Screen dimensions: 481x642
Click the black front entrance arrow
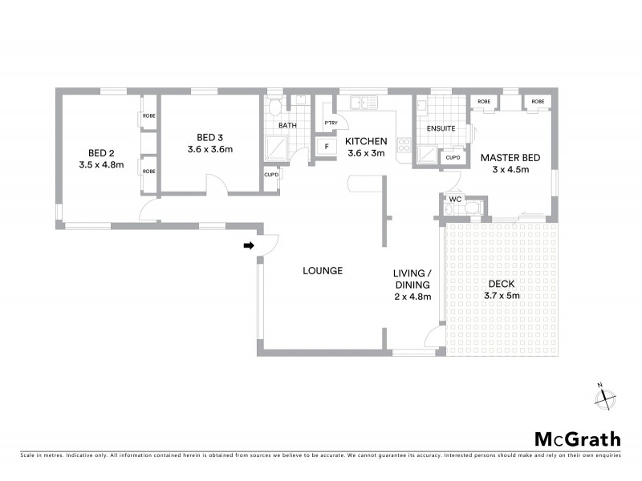pyautogui.click(x=249, y=245)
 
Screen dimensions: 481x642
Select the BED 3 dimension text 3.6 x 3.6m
pyautogui.click(x=209, y=149)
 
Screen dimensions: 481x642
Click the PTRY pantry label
pyautogui.click(x=330, y=123)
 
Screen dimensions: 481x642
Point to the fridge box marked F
pyautogui.click(x=326, y=148)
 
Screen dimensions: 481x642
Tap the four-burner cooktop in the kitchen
pyautogui.click(x=404, y=146)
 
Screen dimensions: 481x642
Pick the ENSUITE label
pyautogui.click(x=441, y=128)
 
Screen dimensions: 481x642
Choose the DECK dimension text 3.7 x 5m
pyautogui.click(x=502, y=296)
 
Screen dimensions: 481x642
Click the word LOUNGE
pyautogui.click(x=323, y=271)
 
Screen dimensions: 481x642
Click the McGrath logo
pyautogui.click(x=577, y=439)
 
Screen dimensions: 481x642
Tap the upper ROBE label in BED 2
pyautogui.click(x=149, y=116)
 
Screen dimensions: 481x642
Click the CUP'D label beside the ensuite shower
pyautogui.click(x=453, y=157)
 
